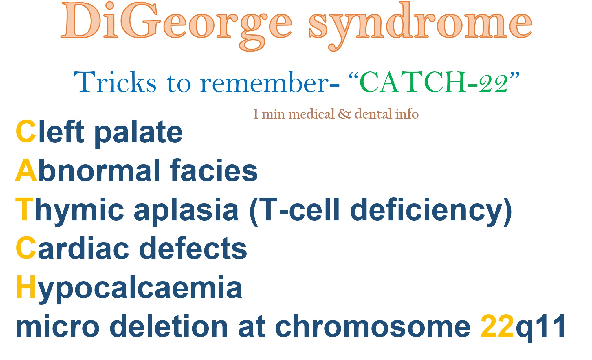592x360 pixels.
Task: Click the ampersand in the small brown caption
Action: (344, 114)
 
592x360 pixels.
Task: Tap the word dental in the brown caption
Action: (373, 114)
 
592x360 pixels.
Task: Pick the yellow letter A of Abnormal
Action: (26, 171)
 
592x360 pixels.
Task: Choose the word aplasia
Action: (186, 211)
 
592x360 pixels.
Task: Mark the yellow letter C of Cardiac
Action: (26, 248)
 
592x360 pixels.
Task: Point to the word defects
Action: (193, 248)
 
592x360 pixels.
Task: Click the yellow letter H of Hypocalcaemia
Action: (26, 287)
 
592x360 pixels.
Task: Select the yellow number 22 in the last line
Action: (497, 326)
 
